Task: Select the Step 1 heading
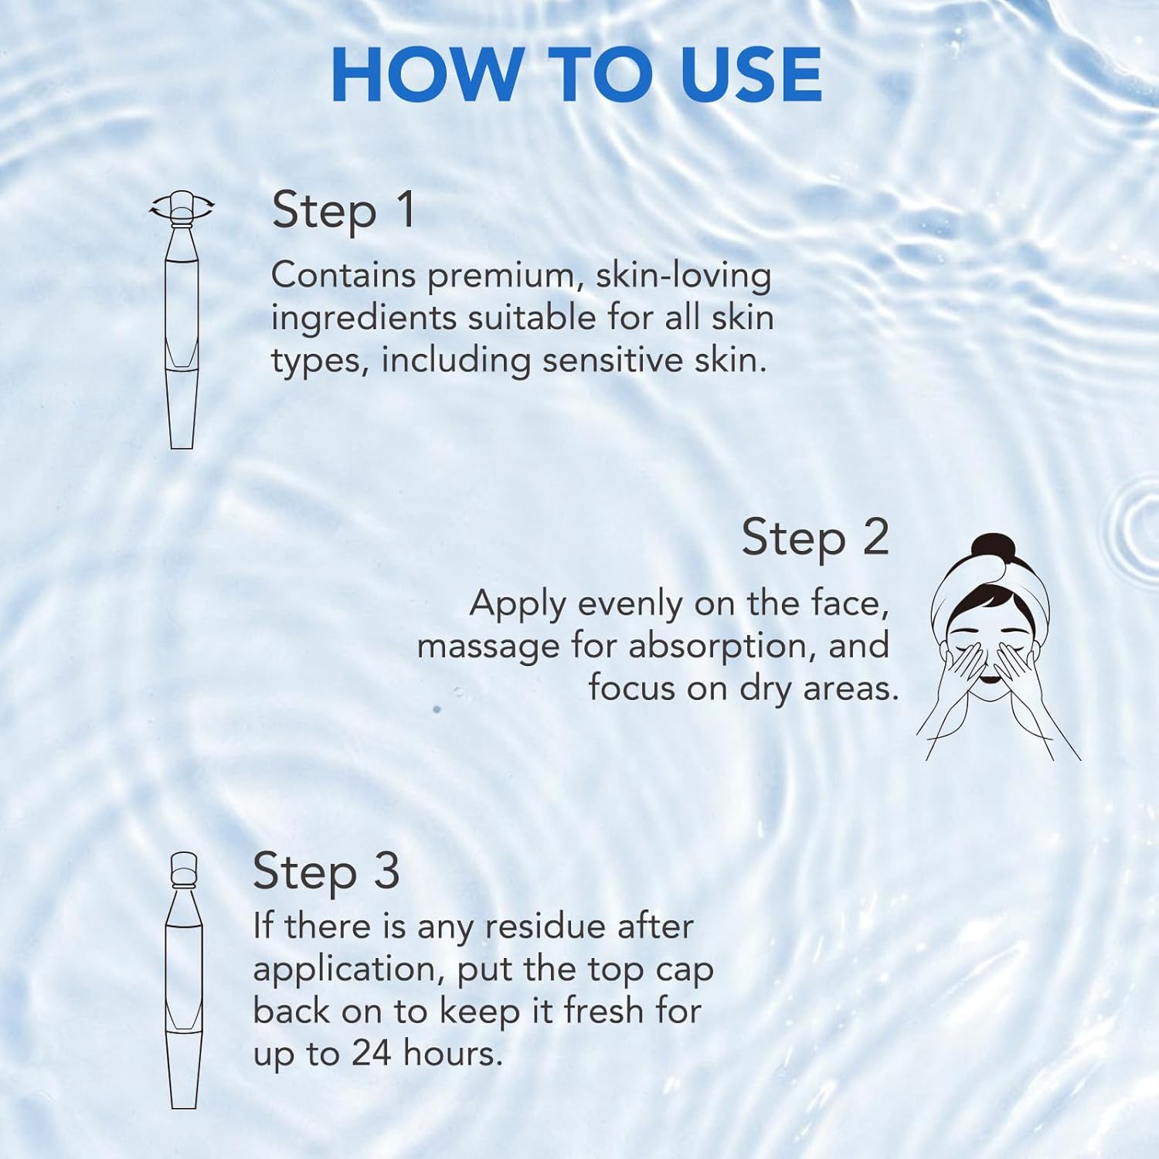pos(343,210)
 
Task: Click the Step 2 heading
pos(815,538)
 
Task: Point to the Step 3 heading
pos(325,872)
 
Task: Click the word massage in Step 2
pos(488,647)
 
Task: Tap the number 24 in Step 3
pos(374,1053)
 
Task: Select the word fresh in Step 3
pos(603,1011)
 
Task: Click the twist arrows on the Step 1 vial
pos(182,206)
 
